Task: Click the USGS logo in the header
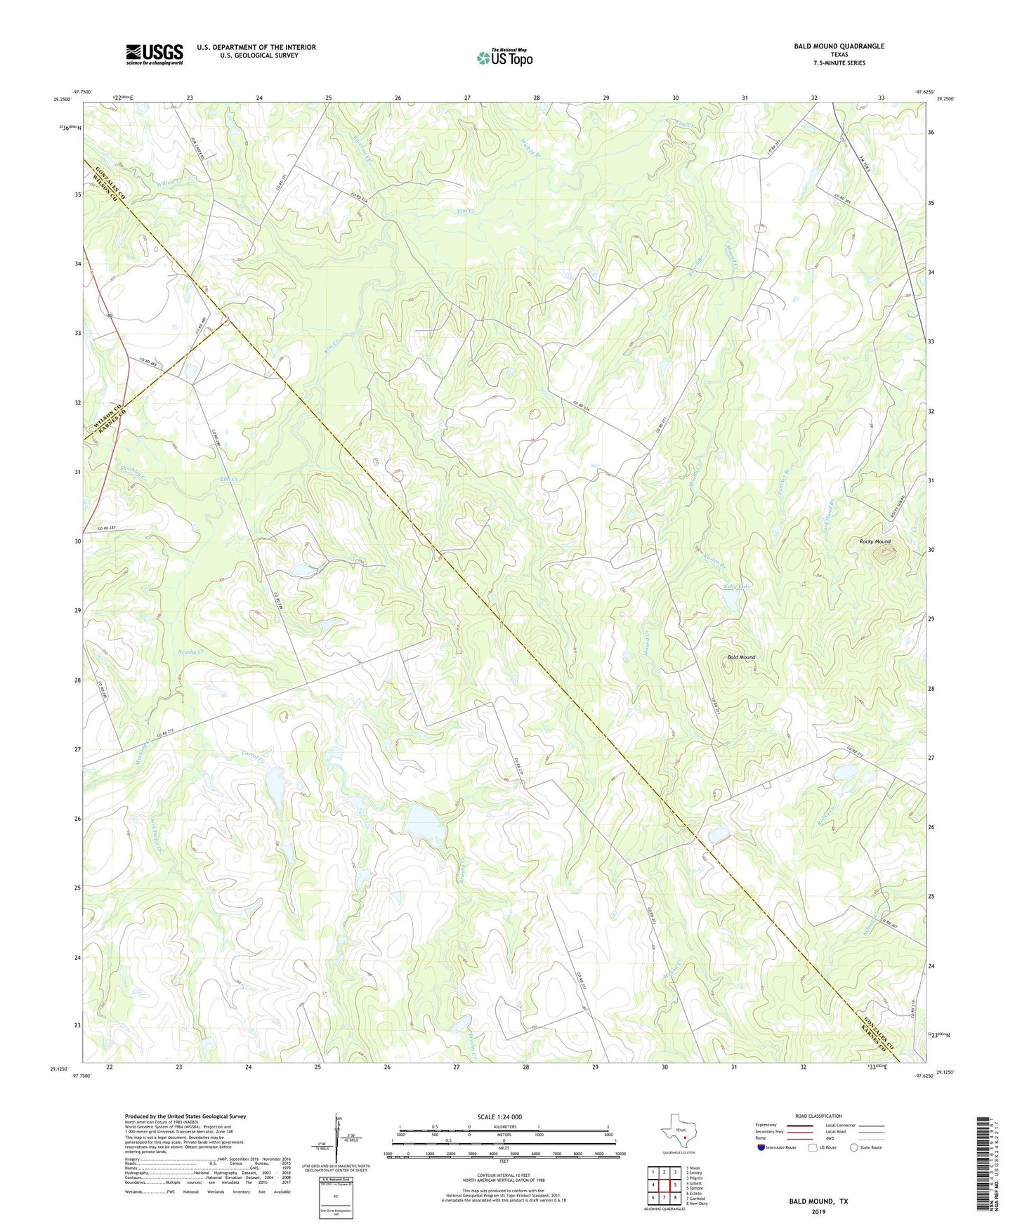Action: [154, 54]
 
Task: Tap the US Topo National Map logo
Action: [504, 58]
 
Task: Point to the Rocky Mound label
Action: [875, 541]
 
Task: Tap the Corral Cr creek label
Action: [253, 758]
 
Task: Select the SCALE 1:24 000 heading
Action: [499, 1116]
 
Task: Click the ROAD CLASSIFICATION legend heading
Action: [818, 1116]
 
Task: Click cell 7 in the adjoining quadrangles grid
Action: [664, 1197]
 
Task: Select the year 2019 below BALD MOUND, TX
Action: [818, 1211]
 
